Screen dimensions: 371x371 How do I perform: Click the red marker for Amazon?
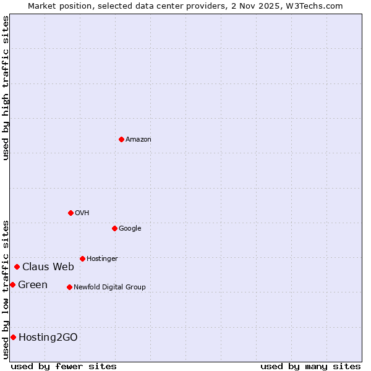121,139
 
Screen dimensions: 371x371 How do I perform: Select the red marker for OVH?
70,213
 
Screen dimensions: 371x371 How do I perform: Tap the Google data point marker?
114,228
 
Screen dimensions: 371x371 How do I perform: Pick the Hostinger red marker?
82,258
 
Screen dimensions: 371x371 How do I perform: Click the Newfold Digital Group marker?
69,287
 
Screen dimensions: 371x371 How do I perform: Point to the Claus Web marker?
17,267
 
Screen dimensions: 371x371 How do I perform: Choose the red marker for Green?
12,284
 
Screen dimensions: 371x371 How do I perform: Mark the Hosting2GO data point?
13,337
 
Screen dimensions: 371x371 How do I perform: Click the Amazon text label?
139,140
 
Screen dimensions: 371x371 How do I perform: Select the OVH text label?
82,213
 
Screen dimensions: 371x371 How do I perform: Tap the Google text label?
130,229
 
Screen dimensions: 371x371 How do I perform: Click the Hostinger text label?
102,259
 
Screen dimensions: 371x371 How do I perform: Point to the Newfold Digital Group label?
109,288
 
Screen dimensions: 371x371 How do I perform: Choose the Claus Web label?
48,267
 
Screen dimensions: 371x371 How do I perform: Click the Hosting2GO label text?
48,338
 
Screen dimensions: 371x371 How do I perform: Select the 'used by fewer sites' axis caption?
64,366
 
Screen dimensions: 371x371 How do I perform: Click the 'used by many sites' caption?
310,366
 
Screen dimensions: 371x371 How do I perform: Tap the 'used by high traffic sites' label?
6,88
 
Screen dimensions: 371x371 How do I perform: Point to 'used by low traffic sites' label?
6,289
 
